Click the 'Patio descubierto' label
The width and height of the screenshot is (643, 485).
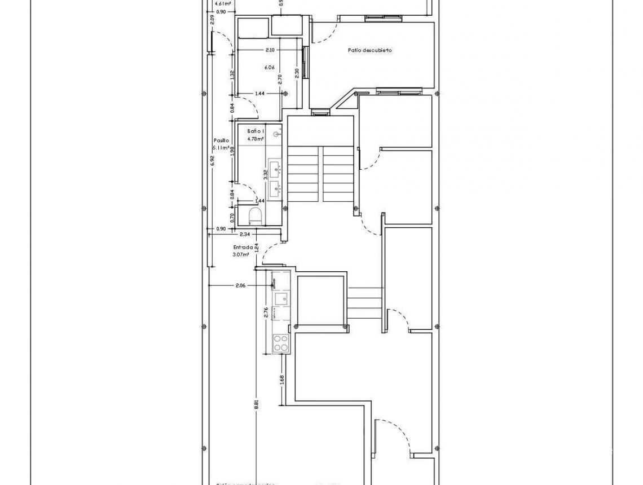(x=370, y=50)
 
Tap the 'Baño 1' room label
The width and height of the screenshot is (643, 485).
(x=256, y=130)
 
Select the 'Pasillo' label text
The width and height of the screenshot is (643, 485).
(x=221, y=140)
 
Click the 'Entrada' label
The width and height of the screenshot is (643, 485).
(x=243, y=247)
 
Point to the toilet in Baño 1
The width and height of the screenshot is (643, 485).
(x=254, y=215)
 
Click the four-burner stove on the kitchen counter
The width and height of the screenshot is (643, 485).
(x=280, y=343)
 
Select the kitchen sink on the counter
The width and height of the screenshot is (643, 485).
(x=280, y=298)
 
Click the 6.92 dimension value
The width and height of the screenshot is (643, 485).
(x=212, y=161)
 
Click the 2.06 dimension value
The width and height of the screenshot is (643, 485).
(x=240, y=285)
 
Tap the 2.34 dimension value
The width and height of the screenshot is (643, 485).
(x=245, y=234)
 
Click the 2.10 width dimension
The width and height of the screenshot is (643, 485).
(x=270, y=50)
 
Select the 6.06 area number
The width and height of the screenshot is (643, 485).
(x=270, y=68)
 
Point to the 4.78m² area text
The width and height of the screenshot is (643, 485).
(x=256, y=138)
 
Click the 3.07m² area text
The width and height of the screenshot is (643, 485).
(x=241, y=254)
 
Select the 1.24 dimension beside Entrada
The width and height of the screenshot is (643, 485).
(x=256, y=247)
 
